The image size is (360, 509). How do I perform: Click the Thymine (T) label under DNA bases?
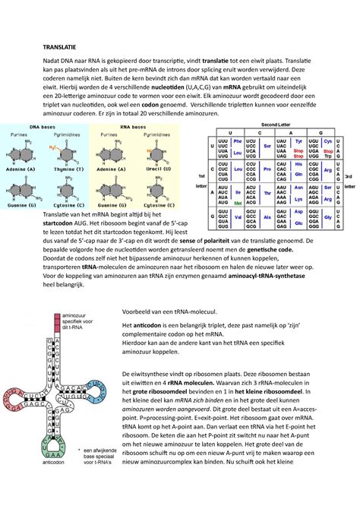pos(71,172)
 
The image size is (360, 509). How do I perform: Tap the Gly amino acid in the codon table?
pos(328,217)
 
